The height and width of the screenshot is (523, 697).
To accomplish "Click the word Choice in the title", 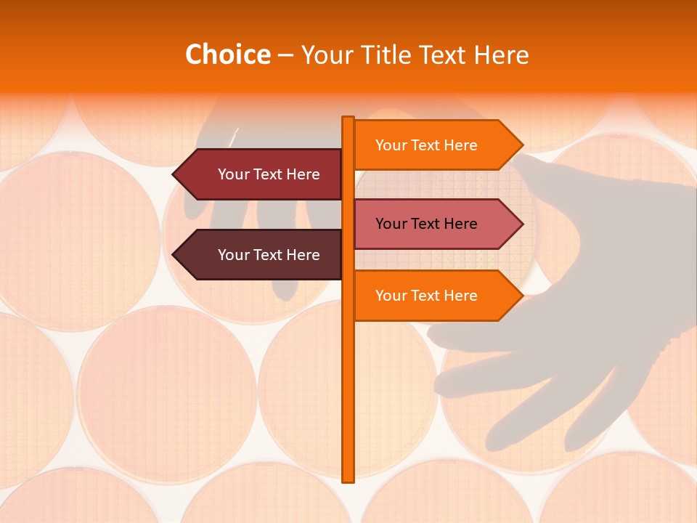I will point(227,55).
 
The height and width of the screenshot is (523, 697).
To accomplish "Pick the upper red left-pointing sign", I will point(261,174).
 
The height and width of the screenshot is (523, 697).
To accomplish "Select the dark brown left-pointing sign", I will point(261,255).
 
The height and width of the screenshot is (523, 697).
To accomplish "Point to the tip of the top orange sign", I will point(521,145).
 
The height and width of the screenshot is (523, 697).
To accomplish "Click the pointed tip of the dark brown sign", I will point(174,255).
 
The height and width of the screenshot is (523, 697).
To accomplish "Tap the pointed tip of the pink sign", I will point(521,224).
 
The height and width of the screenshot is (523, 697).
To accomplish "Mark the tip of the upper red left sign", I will point(174,174).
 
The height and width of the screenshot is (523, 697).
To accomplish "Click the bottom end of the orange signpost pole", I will point(348,479).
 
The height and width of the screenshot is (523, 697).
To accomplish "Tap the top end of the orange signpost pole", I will point(348,118).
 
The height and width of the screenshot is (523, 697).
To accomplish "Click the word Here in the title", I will point(501,55).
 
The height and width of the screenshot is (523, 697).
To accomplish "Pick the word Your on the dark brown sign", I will point(234,255).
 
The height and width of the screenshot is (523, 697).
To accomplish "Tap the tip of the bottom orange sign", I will point(521,296).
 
